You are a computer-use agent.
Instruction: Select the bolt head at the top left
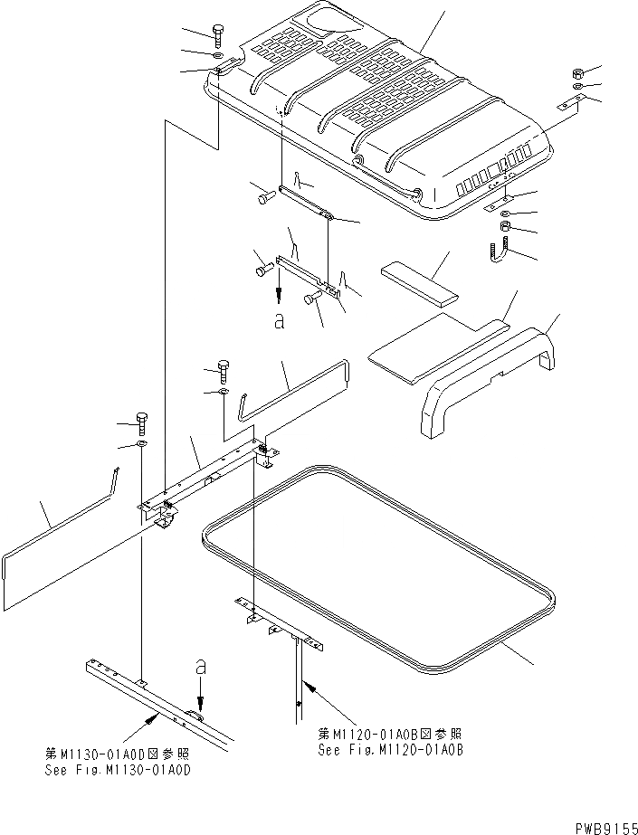[220, 34]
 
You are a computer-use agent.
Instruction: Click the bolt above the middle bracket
[223, 369]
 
